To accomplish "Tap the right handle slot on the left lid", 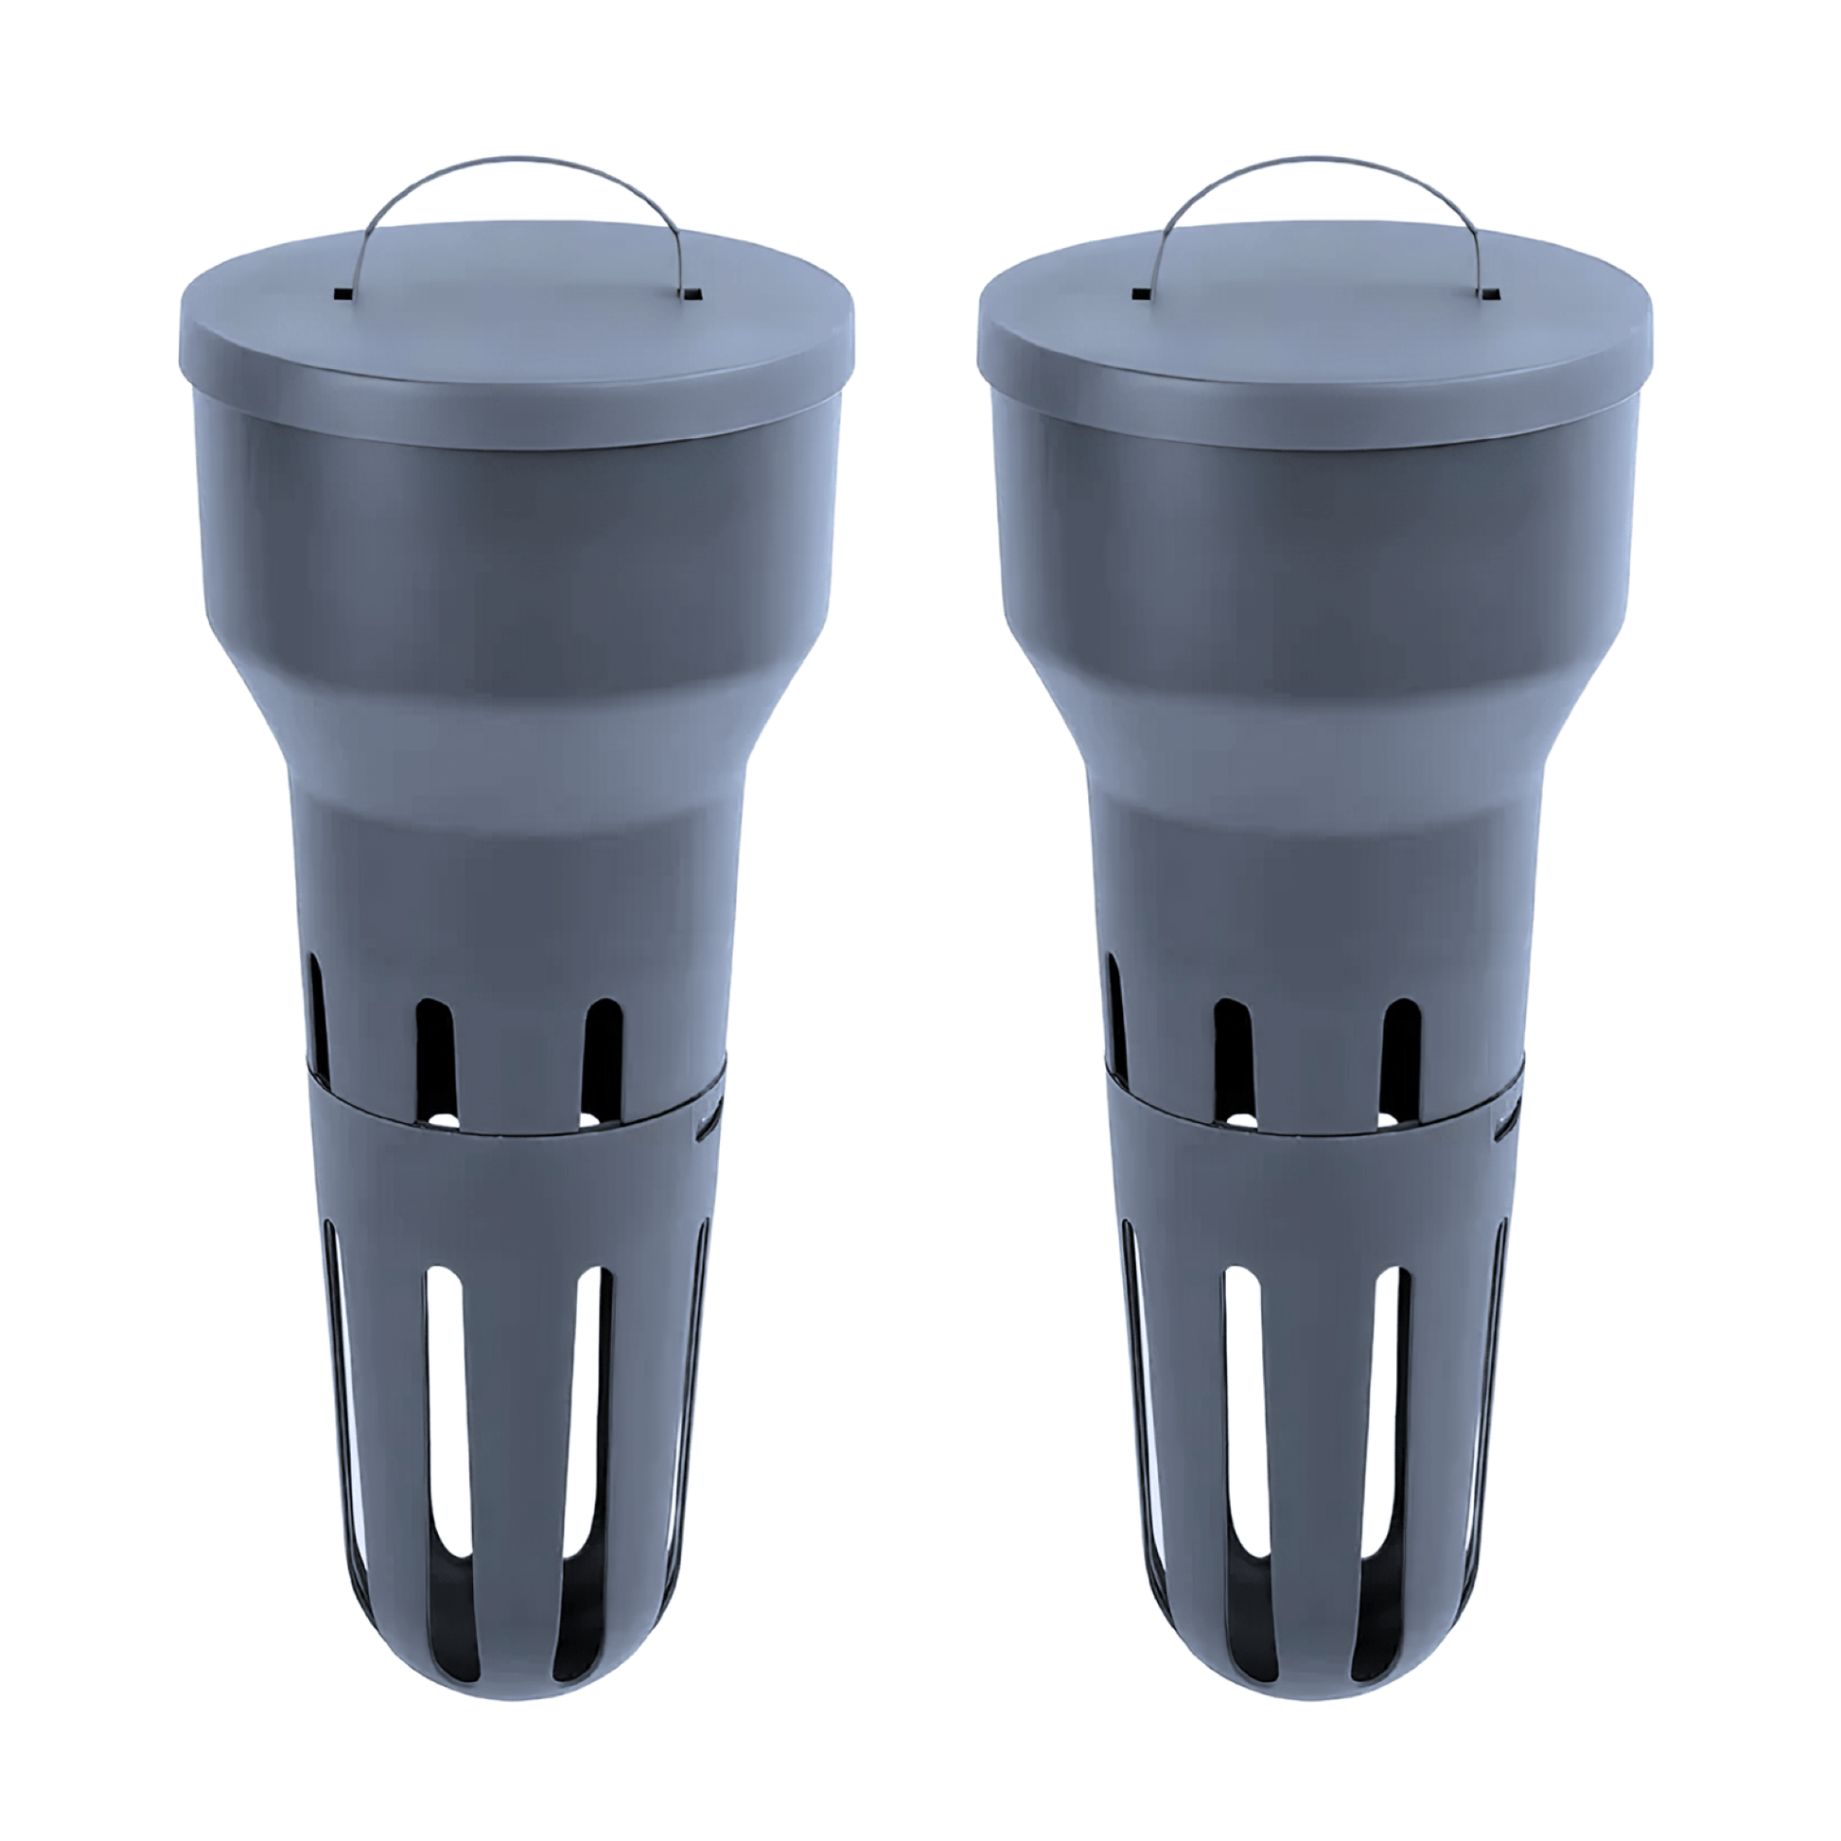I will coord(687,293).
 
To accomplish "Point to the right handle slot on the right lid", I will coord(1486,293).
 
